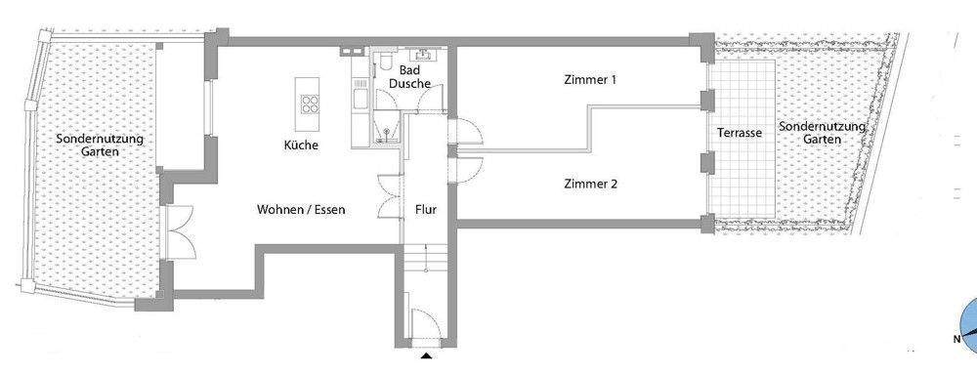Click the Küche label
(x=301, y=145)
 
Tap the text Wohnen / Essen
(x=301, y=209)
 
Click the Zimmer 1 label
(x=590, y=80)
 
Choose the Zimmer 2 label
(x=590, y=184)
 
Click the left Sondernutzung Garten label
(x=100, y=145)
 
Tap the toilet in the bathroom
(x=388, y=64)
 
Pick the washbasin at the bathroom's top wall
(x=426, y=55)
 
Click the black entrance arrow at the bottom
(x=424, y=356)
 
